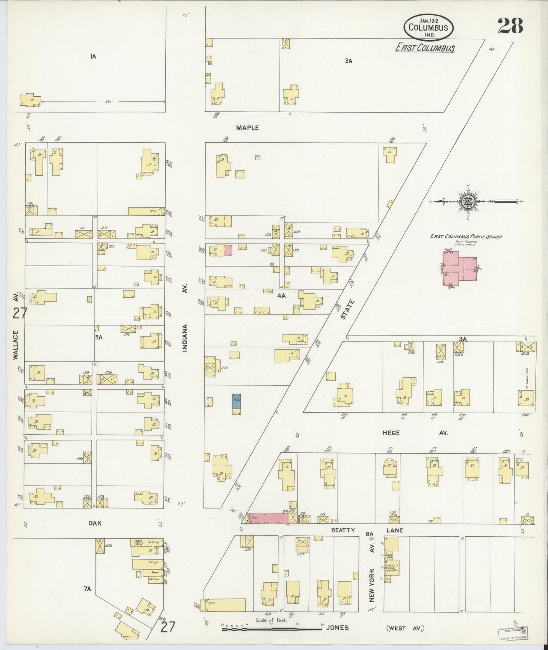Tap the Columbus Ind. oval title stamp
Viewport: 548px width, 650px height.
(x=429, y=27)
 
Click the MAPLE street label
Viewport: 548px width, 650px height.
(x=247, y=128)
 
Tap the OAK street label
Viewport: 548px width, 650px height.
(x=95, y=523)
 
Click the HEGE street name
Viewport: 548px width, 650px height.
(x=391, y=433)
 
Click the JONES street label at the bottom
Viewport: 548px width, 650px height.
(x=337, y=628)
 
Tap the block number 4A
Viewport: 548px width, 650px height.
(x=281, y=295)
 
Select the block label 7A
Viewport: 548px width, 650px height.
(x=88, y=589)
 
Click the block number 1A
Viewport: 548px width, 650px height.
(x=93, y=57)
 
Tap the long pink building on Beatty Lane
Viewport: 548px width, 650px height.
(x=268, y=518)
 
